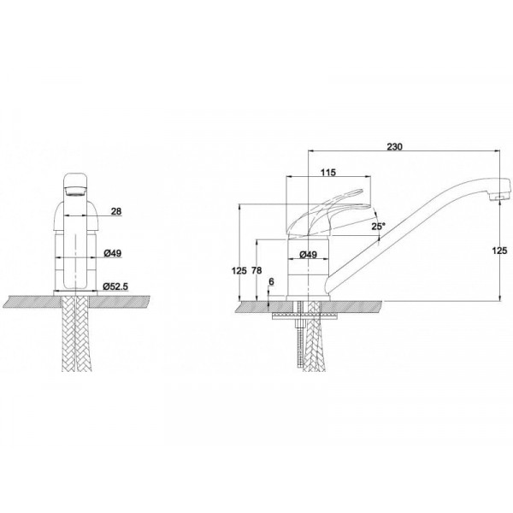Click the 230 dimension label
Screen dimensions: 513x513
coord(394,147)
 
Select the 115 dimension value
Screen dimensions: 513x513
coord(328,173)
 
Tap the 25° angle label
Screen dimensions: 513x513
coord(379,226)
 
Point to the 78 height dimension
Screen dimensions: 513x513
coord(256,270)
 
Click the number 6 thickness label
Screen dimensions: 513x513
coord(271,281)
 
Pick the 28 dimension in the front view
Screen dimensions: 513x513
coord(116,211)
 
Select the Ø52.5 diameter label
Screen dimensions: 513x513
coord(115,286)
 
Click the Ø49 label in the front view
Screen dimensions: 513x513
coord(112,253)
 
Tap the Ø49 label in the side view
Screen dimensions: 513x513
coord(308,254)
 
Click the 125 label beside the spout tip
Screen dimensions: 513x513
coord(499,251)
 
